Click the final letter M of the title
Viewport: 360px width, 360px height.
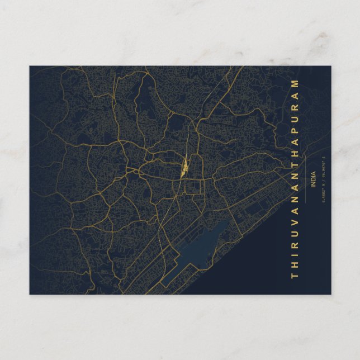(295, 83)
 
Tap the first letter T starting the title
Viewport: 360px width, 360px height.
(295, 276)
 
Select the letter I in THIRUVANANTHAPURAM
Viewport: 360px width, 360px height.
(295, 253)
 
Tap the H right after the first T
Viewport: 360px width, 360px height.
(295, 264)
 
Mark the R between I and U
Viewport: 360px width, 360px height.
(295, 243)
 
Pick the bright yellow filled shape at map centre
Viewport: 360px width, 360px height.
(184, 166)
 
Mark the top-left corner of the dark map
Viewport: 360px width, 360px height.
(30, 66)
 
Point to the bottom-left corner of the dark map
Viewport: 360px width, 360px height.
(30, 294)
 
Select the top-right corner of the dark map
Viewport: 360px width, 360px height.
(330, 66)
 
